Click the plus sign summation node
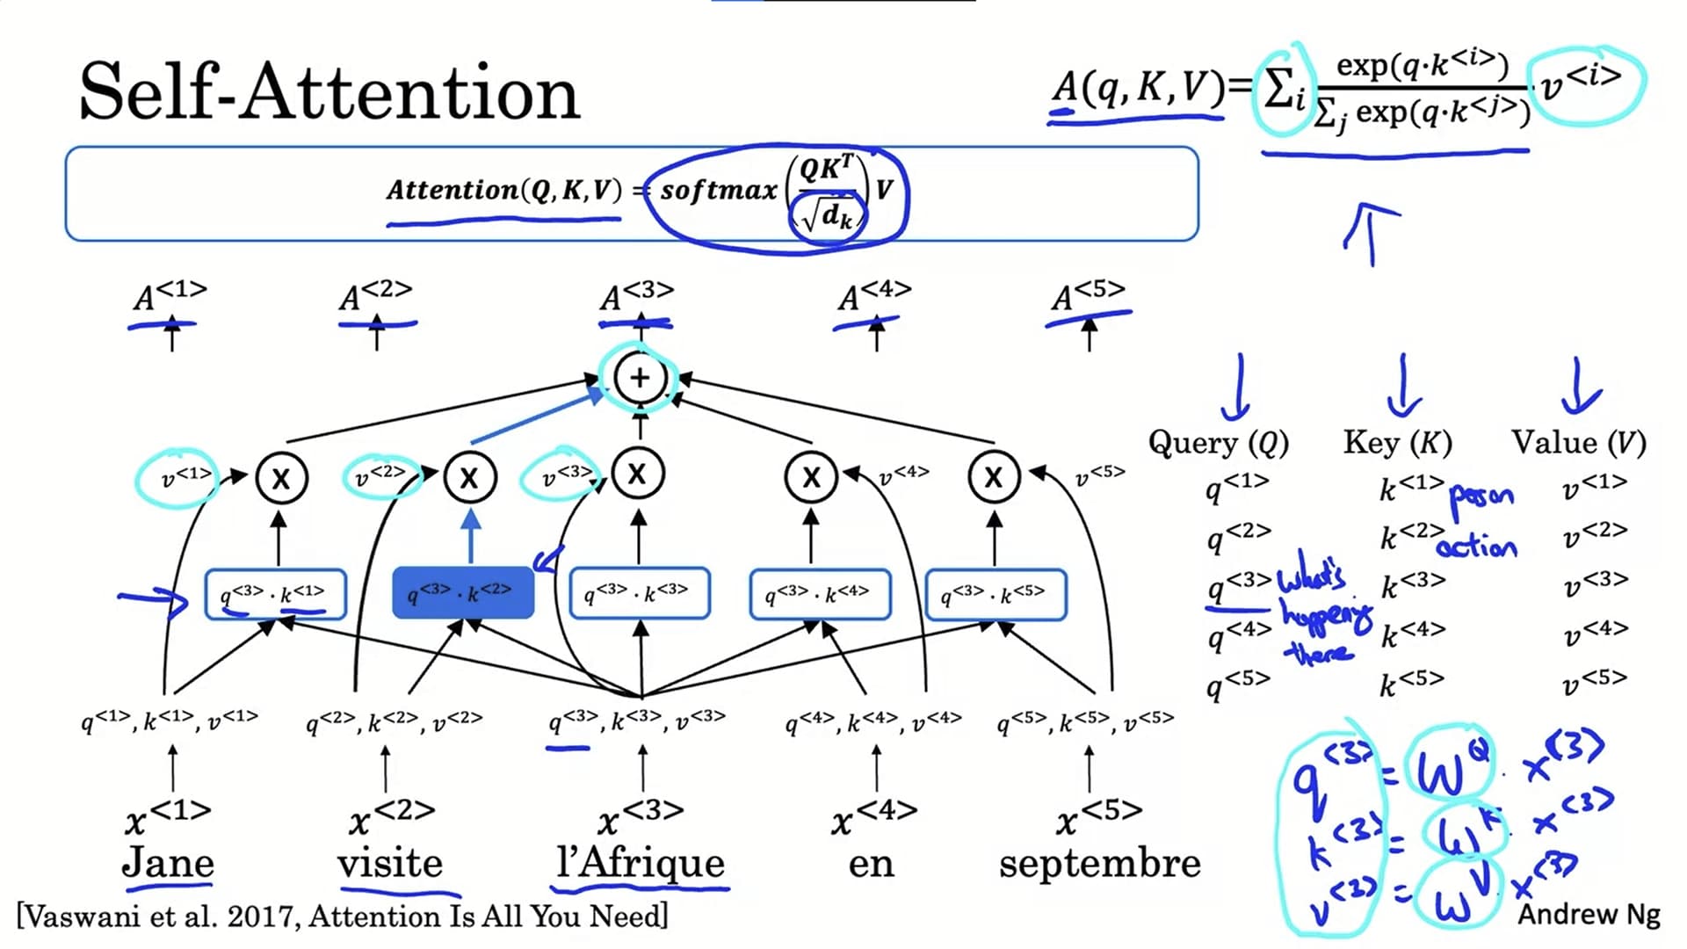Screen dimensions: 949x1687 click(x=640, y=378)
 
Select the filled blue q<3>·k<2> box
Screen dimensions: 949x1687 click(x=463, y=593)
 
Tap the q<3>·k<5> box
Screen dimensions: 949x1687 click(x=996, y=595)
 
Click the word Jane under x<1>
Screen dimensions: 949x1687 click(x=168, y=862)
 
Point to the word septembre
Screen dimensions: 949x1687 click(x=1099, y=863)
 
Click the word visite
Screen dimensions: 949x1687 click(x=390, y=863)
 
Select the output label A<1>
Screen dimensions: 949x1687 click(x=170, y=295)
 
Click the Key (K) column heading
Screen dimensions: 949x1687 click(x=1397, y=442)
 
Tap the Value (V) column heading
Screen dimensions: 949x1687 click(x=1578, y=442)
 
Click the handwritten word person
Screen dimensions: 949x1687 click(x=1481, y=496)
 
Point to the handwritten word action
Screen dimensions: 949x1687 click(x=1477, y=547)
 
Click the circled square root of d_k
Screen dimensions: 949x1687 click(x=828, y=214)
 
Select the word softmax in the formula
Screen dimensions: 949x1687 click(x=719, y=190)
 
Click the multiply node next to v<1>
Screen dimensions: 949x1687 click(x=281, y=479)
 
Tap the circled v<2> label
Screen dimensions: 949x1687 click(x=380, y=477)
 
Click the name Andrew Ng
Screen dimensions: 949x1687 click(x=1589, y=914)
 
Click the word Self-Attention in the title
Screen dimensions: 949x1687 click(x=329, y=92)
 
